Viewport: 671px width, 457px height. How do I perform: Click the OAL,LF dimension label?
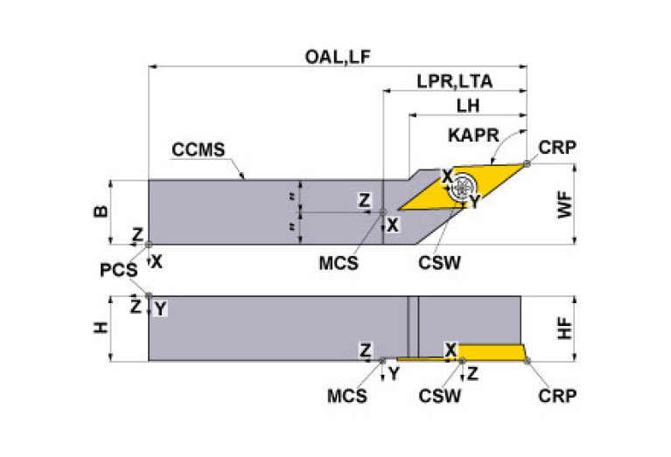tap(339, 57)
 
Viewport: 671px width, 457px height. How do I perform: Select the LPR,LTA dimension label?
tap(453, 82)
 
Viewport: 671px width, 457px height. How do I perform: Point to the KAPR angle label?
tap(472, 137)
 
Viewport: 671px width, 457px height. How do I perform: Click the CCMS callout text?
tap(197, 150)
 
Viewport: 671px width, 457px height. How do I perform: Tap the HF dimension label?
tap(566, 328)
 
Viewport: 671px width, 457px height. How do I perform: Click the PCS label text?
tap(118, 270)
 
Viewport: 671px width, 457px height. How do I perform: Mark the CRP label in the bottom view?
tap(557, 395)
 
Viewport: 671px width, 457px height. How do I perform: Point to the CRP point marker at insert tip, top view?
tap(526, 163)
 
